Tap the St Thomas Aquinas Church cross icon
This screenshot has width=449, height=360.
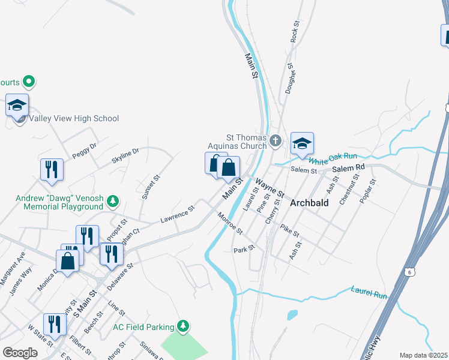tap(276, 141)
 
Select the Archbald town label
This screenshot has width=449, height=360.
tap(309, 203)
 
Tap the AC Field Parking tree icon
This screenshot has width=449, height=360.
tap(184, 326)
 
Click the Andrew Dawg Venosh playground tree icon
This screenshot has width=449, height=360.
tap(113, 201)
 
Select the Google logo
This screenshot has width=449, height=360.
tap(20, 352)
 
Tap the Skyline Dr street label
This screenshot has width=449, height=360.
tap(125, 155)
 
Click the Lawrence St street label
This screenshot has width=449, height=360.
tap(178, 214)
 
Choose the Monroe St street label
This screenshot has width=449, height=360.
tap(230, 223)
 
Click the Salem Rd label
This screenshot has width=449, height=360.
tap(348, 169)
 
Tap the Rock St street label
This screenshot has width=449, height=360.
tap(295, 31)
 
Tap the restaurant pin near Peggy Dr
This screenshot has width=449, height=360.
tap(52, 169)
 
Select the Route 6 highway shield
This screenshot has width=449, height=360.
tap(408, 271)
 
